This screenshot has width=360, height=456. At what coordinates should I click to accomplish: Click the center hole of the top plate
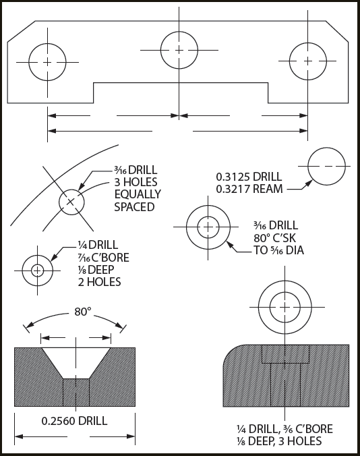click(x=179, y=50)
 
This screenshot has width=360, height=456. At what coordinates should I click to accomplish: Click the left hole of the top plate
click(x=47, y=61)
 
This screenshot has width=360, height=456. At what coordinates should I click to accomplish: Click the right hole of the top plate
click(x=308, y=61)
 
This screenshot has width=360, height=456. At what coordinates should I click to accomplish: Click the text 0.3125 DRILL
click(x=245, y=176)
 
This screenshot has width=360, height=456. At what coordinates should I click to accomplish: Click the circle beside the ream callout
click(x=326, y=165)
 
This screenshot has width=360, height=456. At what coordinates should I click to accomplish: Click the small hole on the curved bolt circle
click(x=71, y=201)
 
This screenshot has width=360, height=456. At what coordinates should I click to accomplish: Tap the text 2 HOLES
click(x=100, y=282)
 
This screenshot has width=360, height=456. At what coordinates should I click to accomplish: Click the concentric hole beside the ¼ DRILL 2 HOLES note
click(x=37, y=270)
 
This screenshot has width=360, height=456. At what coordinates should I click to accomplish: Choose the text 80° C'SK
click(x=276, y=238)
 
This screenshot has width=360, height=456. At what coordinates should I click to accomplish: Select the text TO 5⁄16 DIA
click(x=278, y=251)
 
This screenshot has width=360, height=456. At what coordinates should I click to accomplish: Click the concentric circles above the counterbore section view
click(x=285, y=306)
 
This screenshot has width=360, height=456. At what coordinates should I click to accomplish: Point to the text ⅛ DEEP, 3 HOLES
click(x=279, y=441)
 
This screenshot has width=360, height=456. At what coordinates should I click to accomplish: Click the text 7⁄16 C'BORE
click(x=101, y=257)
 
